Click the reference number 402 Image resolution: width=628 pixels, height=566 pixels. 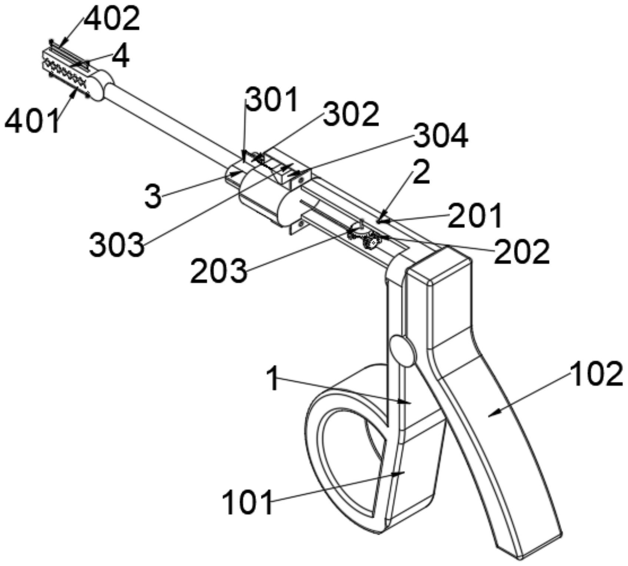[x=112, y=18]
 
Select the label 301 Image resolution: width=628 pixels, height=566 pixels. [x=272, y=100]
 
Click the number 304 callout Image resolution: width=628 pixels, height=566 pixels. [x=441, y=136]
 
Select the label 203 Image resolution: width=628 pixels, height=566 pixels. [x=219, y=272]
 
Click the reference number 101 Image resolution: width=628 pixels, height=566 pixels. [x=247, y=502]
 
